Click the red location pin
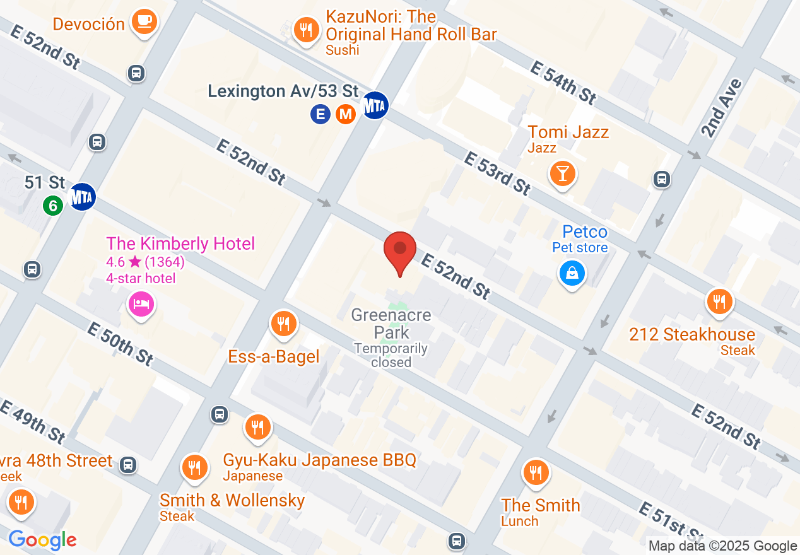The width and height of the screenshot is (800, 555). [x=400, y=250]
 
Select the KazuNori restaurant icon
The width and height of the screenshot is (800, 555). [x=306, y=30]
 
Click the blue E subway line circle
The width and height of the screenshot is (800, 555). [x=321, y=114]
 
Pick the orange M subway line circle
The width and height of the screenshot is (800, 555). [x=344, y=114]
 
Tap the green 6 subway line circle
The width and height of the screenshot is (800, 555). [x=53, y=204]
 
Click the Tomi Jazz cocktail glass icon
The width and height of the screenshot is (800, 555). [x=562, y=172]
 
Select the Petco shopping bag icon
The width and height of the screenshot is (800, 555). [x=572, y=273]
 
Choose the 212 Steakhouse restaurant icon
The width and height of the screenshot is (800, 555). [x=719, y=301]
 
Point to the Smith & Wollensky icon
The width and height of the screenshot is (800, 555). [x=194, y=468]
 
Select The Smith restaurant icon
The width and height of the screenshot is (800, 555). [x=536, y=472]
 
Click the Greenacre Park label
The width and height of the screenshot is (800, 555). [x=391, y=323]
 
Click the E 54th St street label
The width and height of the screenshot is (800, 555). [x=563, y=83]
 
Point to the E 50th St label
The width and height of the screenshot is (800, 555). [x=121, y=344]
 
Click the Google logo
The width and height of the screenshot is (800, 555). [x=42, y=540]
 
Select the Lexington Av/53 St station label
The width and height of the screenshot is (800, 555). [x=283, y=91]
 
